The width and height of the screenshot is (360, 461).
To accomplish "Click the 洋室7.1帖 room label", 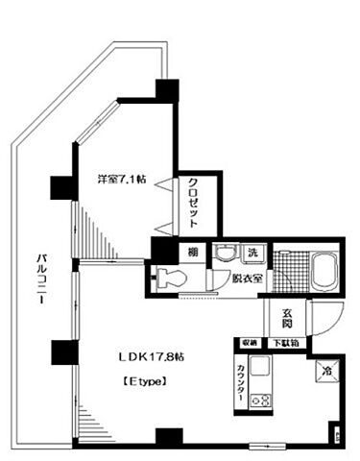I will point(121,180).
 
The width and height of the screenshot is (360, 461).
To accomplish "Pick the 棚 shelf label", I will point(192,252).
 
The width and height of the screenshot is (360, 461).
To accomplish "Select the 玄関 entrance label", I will point(288,314).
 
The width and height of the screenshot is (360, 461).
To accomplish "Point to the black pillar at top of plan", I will point(169,89).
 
